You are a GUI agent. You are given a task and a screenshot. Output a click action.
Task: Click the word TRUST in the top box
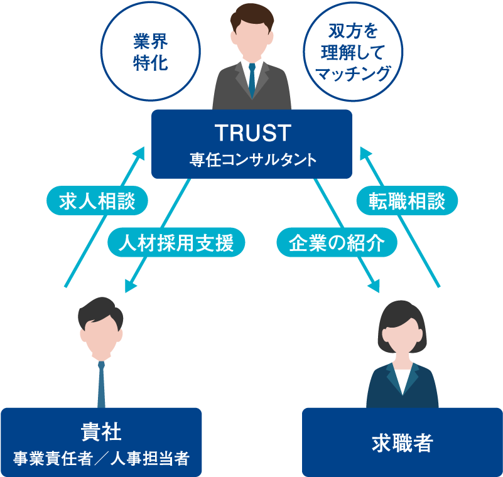point(252,133)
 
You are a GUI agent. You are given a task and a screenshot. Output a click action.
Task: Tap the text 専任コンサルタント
point(252,160)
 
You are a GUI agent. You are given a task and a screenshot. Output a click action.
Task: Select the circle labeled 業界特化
point(151,52)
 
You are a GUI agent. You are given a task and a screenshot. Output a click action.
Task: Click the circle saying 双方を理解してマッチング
point(352,52)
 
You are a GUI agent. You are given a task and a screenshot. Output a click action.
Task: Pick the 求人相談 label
point(98,201)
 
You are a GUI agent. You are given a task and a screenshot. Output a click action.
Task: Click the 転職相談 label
point(407,201)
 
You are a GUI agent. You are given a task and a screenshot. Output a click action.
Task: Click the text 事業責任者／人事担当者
point(101,459)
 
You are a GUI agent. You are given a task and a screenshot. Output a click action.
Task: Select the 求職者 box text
point(402,443)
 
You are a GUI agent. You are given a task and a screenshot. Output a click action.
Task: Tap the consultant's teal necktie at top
point(252,78)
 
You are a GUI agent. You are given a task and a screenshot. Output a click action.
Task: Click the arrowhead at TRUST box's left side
point(140,153)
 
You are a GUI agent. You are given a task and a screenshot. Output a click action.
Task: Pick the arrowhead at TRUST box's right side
point(364,153)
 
